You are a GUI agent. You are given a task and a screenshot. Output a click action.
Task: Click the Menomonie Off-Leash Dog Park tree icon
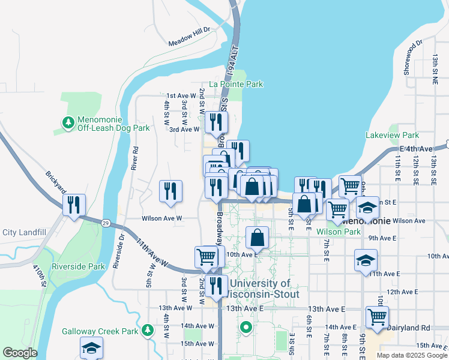[68, 122]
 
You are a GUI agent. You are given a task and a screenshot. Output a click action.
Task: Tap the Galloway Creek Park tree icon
[147, 330]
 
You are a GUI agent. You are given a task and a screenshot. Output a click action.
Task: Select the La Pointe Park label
[236, 85]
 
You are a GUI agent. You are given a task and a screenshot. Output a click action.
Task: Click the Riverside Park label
[78, 266]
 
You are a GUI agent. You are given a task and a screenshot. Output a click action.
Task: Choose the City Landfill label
[24, 232]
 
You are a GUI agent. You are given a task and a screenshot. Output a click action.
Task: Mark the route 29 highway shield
[104, 222]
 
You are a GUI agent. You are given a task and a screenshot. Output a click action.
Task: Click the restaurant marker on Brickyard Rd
[74, 205]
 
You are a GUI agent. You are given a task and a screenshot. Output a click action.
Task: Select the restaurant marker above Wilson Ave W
[170, 190]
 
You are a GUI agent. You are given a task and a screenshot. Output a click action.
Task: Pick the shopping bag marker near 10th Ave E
[257, 238]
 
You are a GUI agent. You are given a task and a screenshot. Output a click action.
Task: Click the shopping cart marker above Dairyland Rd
[377, 316]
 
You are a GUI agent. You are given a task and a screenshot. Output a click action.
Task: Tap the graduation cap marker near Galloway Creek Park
[91, 347]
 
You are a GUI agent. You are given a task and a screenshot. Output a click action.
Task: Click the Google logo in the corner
[20, 353]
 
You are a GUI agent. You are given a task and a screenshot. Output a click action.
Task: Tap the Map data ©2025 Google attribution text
[411, 355]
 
